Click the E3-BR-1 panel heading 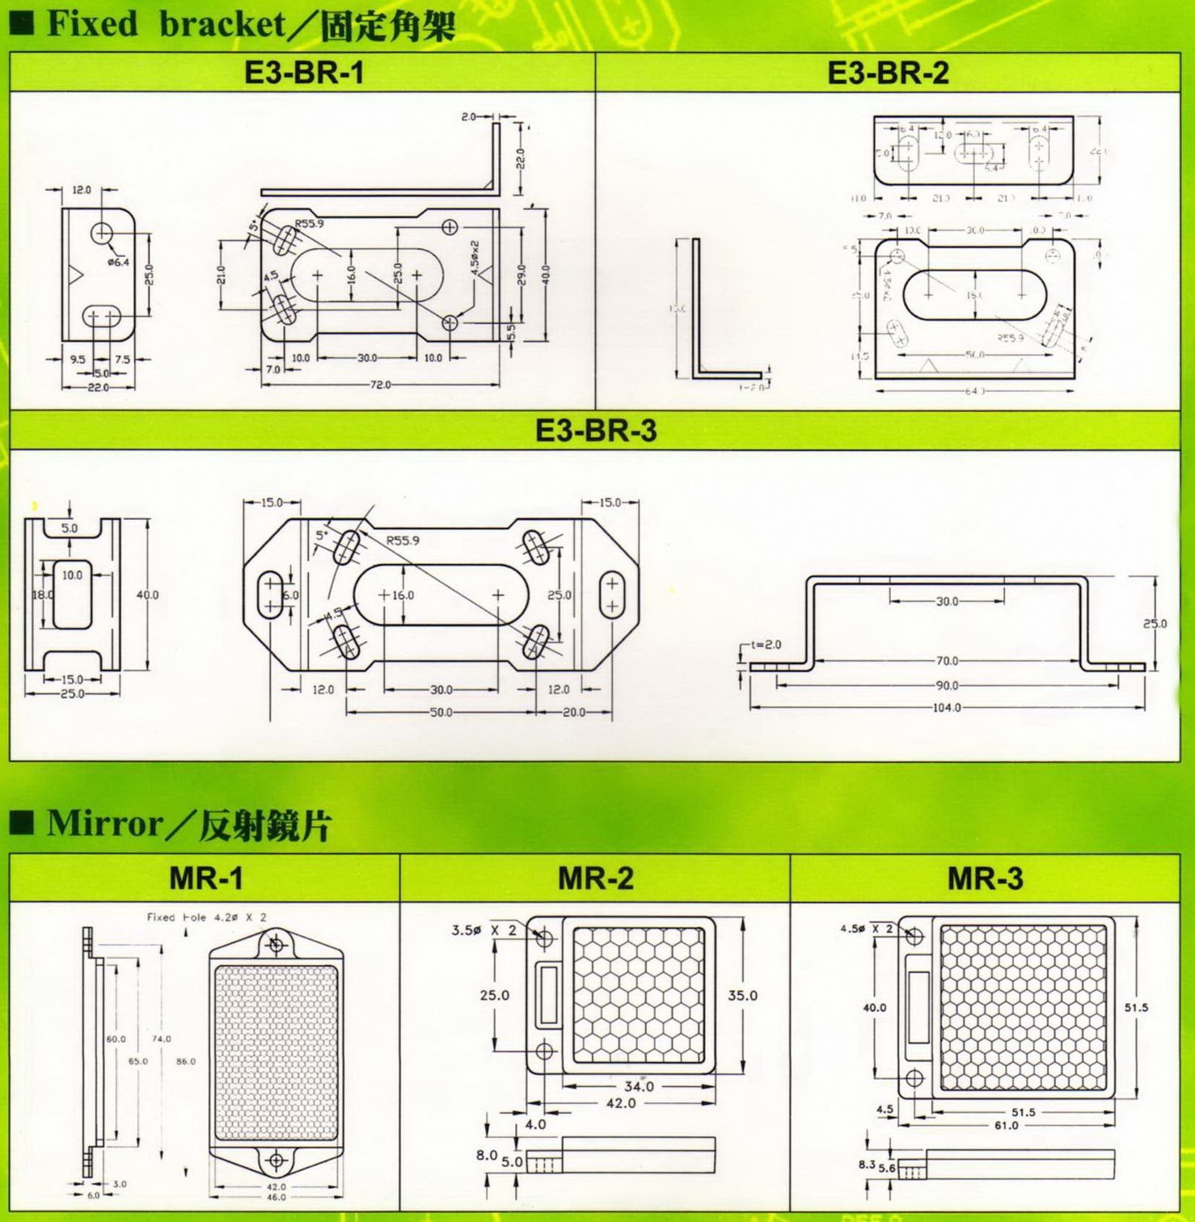click(x=303, y=73)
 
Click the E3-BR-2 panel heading click(x=888, y=73)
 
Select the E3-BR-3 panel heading click(x=596, y=430)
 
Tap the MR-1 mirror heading click(x=205, y=878)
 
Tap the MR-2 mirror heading click(x=595, y=878)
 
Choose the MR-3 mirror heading click(x=985, y=878)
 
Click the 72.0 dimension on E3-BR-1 click(x=380, y=385)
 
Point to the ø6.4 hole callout click(x=118, y=261)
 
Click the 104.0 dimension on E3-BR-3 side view click(x=947, y=708)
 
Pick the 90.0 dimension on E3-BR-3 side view click(x=947, y=685)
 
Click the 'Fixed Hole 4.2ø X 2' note click(x=206, y=917)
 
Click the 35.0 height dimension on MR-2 click(x=742, y=996)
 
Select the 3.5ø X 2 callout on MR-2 click(x=483, y=930)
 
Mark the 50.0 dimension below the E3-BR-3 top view click(x=441, y=713)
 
